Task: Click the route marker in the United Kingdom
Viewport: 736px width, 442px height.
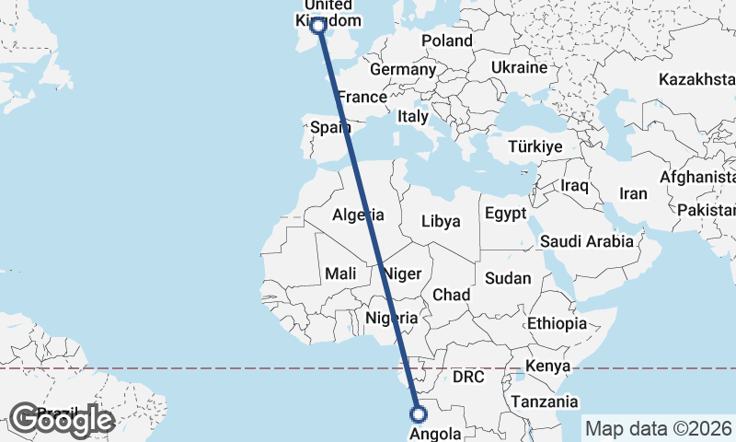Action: tap(319, 26)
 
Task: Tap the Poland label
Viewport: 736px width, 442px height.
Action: tap(447, 41)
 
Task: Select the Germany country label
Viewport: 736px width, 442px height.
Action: tap(403, 69)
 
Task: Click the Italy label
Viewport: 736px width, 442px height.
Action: tap(413, 117)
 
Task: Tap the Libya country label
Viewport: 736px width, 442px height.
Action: tap(440, 222)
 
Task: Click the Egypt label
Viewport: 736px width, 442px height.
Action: tap(505, 214)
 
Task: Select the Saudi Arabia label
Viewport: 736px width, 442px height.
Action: tap(587, 241)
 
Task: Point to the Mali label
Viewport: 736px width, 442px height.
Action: tap(340, 273)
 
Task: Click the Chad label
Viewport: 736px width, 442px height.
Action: tap(452, 295)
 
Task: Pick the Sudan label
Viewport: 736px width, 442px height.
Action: tap(507, 278)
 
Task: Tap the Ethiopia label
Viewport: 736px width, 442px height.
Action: tap(557, 323)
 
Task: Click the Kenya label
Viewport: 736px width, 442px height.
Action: tap(546, 367)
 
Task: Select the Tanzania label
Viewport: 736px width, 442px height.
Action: tap(546, 401)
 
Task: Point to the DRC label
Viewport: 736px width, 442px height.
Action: tap(468, 378)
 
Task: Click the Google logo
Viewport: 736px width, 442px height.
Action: tap(62, 420)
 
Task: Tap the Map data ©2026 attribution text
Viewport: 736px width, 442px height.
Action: tap(659, 428)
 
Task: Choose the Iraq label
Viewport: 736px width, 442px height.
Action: tap(574, 185)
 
